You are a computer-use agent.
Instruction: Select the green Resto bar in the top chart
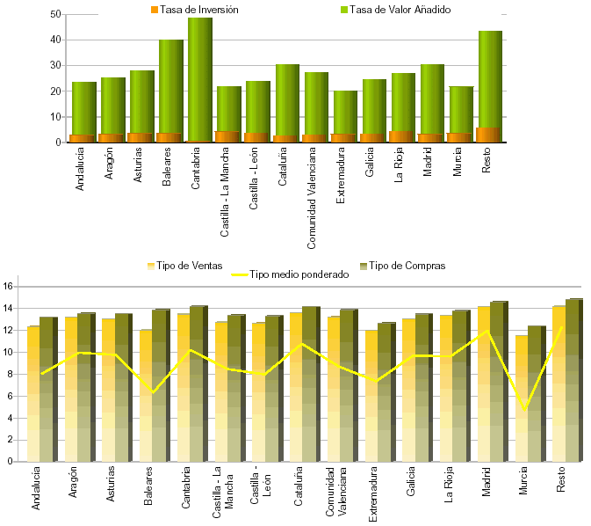[x=490, y=79]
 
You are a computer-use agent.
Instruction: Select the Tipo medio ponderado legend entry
[x=290, y=274]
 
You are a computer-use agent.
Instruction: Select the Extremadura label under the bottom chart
[x=374, y=494]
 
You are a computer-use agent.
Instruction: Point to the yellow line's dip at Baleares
[x=153, y=392]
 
